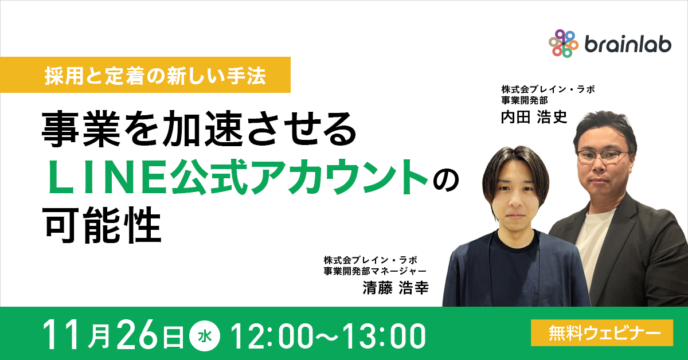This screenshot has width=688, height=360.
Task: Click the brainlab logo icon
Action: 564,43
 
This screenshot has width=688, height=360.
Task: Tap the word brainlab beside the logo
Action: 627,44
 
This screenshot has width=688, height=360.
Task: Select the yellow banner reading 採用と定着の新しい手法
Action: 155,76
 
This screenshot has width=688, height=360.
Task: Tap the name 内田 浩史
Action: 533,117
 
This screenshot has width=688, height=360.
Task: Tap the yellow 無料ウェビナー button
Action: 602,332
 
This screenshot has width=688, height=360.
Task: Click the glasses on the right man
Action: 603,155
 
